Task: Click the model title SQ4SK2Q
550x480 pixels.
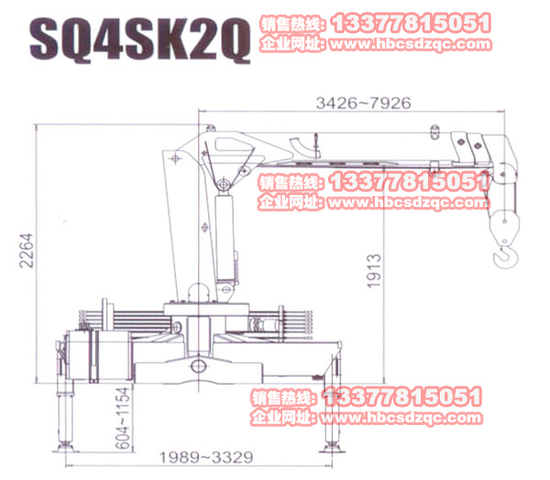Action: point(139,40)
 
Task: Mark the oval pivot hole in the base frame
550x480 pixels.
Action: point(198,366)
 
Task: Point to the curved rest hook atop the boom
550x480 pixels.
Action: point(302,144)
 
